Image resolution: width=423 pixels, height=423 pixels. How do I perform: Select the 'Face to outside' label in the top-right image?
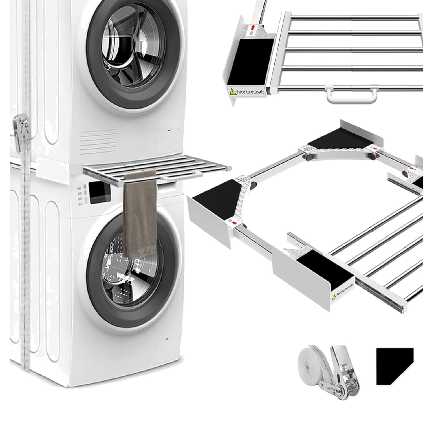point(247,91)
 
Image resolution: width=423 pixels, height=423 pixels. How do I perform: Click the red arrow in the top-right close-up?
point(253,27)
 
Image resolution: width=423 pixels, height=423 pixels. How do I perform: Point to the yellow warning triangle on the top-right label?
point(232,91)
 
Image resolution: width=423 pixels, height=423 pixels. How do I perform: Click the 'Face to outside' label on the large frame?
point(342,290)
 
